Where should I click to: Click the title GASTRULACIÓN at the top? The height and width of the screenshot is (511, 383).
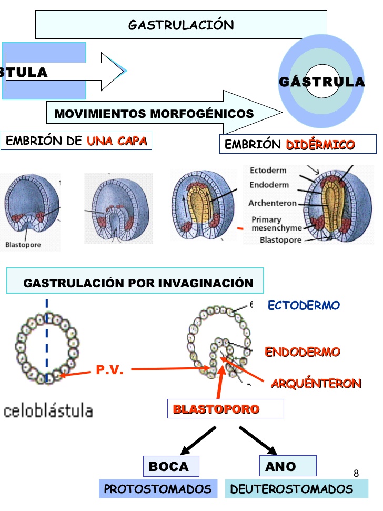(x=181, y=25)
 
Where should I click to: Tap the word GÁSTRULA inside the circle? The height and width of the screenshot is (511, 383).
(x=321, y=82)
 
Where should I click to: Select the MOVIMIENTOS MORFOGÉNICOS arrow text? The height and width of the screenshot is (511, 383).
(x=154, y=114)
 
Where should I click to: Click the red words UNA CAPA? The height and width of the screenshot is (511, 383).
(x=117, y=141)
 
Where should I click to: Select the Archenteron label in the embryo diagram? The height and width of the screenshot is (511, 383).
(x=273, y=203)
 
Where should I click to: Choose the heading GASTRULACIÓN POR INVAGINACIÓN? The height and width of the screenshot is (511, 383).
(x=138, y=283)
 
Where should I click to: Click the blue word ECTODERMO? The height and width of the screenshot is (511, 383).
(x=304, y=305)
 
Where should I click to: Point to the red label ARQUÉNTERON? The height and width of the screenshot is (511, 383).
(x=316, y=384)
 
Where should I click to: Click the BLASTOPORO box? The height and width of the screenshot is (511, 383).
(x=225, y=409)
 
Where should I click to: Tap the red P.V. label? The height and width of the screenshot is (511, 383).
(x=110, y=370)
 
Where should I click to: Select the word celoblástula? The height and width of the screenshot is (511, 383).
(x=48, y=410)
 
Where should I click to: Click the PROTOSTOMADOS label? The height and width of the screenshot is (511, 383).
(x=158, y=489)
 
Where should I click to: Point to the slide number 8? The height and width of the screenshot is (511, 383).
(x=356, y=473)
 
